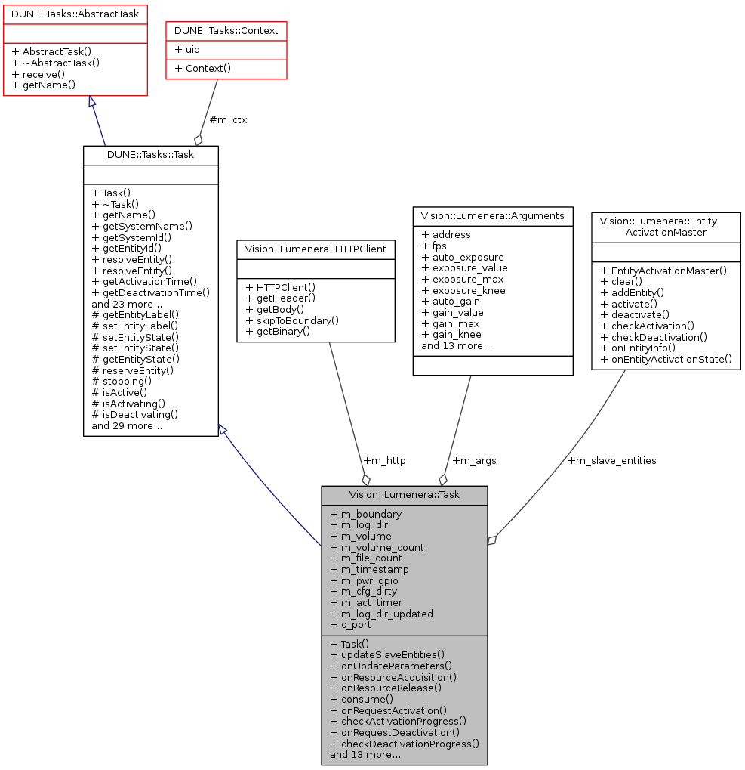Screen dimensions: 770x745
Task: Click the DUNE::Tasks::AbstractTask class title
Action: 75,13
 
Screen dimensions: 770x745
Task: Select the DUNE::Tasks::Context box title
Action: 226,31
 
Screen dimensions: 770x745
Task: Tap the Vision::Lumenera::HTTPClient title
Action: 316,249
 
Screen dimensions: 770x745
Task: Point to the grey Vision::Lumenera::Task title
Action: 404,495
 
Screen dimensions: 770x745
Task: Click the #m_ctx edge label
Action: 228,119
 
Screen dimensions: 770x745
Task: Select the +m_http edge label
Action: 384,460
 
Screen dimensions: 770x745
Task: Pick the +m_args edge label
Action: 474,460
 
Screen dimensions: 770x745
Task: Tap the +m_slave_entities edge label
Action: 611,460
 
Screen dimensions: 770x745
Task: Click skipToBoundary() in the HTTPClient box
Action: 296,320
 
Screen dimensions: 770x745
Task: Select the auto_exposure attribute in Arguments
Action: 463,257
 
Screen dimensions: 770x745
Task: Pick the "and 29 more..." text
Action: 127,425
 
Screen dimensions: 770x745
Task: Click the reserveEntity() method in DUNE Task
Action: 133,370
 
